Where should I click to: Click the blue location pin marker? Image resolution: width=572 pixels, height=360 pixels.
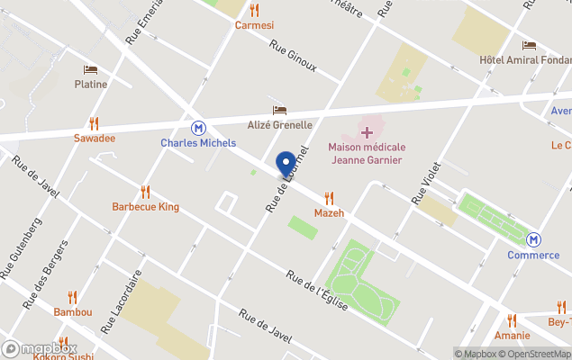click(286, 165)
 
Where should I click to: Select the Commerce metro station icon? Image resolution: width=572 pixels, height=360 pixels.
click(533, 239)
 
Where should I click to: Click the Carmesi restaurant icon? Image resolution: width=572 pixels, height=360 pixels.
click(254, 10)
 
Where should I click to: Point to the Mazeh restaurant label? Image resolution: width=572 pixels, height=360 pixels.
click(329, 212)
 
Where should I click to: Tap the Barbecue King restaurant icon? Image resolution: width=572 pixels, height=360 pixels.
click(145, 192)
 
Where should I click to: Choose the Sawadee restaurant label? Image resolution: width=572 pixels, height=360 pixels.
click(95, 139)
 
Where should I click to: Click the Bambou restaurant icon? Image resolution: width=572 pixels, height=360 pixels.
click(73, 297)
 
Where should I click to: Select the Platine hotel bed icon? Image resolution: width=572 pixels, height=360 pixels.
click(90, 69)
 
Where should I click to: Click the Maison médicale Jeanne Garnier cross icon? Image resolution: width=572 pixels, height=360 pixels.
click(367, 133)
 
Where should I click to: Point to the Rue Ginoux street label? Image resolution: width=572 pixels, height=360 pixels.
click(293, 56)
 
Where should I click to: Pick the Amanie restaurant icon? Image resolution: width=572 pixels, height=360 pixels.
click(512, 319)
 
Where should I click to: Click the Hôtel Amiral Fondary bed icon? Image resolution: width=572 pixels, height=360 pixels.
click(529, 45)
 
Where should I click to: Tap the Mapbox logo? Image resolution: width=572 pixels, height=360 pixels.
click(40, 348)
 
